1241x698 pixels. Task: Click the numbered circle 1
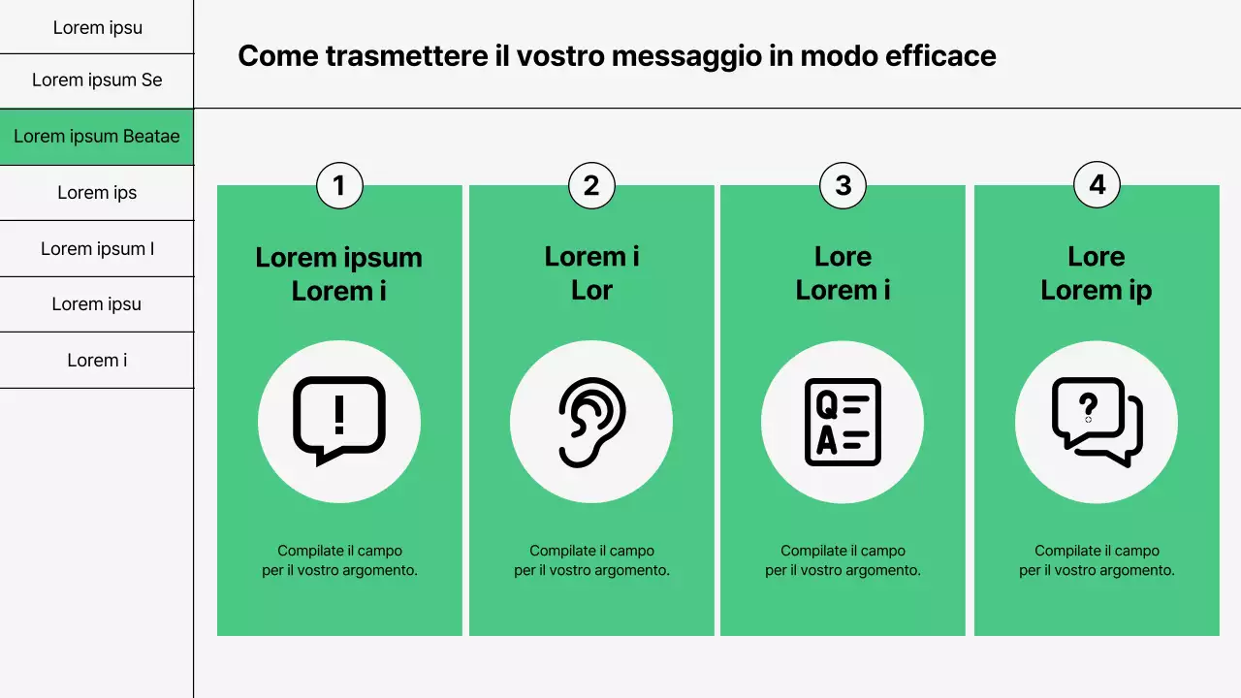coord(339,185)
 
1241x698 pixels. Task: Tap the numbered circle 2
coord(591,185)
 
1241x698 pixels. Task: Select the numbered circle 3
coord(843,185)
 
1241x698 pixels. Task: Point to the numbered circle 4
coord(1097,184)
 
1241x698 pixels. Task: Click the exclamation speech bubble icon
coord(339,422)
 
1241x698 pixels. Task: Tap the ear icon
coord(591,422)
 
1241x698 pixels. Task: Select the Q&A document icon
coord(843,422)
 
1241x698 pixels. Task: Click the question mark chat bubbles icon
coord(1097,422)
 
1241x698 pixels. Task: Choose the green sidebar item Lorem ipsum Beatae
coord(97,137)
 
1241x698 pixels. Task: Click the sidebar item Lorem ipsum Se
coord(97,80)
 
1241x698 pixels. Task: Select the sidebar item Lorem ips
coord(97,193)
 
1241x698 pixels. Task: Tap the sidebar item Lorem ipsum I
coord(97,249)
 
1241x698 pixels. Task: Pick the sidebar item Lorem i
coord(97,361)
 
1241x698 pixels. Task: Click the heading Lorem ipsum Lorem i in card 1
coord(339,273)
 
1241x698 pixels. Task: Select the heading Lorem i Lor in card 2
coord(591,273)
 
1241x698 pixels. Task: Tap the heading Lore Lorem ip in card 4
coord(1097,273)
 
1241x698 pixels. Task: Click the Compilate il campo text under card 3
coord(843,560)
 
